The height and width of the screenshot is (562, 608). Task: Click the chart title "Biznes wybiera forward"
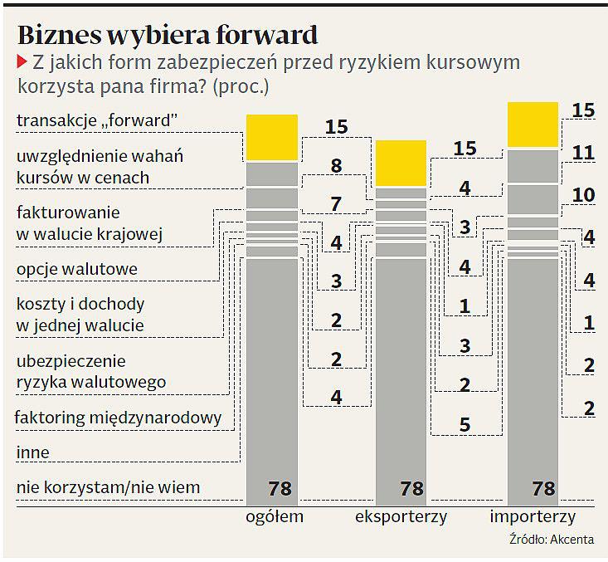click(x=168, y=35)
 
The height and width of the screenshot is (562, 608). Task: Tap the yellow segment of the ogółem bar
click(x=271, y=137)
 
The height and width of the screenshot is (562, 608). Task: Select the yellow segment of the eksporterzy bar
click(x=401, y=163)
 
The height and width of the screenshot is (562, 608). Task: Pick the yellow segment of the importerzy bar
click(x=532, y=125)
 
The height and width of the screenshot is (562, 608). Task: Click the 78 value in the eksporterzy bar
click(x=411, y=488)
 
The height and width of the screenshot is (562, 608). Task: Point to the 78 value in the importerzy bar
click(x=542, y=488)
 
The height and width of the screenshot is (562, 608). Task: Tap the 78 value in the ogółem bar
click(x=280, y=488)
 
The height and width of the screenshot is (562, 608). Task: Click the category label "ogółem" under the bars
click(x=274, y=517)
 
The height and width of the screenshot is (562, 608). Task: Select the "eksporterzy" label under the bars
click(x=401, y=517)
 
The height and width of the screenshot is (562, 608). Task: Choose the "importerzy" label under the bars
click(x=533, y=517)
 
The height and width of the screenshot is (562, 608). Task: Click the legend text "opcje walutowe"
click(x=77, y=270)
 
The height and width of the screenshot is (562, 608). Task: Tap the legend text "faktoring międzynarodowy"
click(x=119, y=418)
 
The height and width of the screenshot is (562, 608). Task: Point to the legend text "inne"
click(x=33, y=453)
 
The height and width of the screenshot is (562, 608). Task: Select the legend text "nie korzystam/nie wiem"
click(x=108, y=487)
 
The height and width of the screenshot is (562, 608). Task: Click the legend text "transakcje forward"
click(x=98, y=121)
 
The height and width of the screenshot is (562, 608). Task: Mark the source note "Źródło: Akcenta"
click(x=552, y=540)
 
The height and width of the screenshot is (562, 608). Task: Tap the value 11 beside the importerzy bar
click(x=584, y=153)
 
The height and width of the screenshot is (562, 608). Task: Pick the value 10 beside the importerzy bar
click(x=584, y=195)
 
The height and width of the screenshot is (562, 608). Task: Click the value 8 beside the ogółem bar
click(x=336, y=165)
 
